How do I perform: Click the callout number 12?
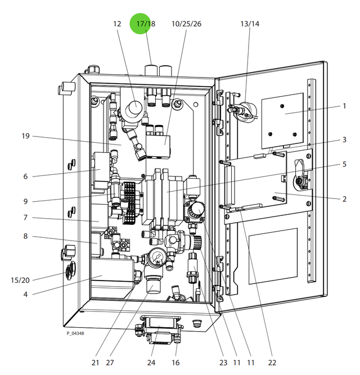117,24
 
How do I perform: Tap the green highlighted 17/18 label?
146,24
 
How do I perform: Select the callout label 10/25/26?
186,24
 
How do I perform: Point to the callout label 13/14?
250,24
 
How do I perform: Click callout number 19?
25,136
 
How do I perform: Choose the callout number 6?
25,176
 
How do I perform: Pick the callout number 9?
25,201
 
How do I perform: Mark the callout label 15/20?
20,279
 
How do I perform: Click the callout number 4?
25,293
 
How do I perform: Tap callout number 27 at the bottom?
110,362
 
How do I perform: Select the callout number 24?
151,362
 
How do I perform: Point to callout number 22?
273,362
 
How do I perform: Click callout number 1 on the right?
344,106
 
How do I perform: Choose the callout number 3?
344,139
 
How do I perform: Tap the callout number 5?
344,164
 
